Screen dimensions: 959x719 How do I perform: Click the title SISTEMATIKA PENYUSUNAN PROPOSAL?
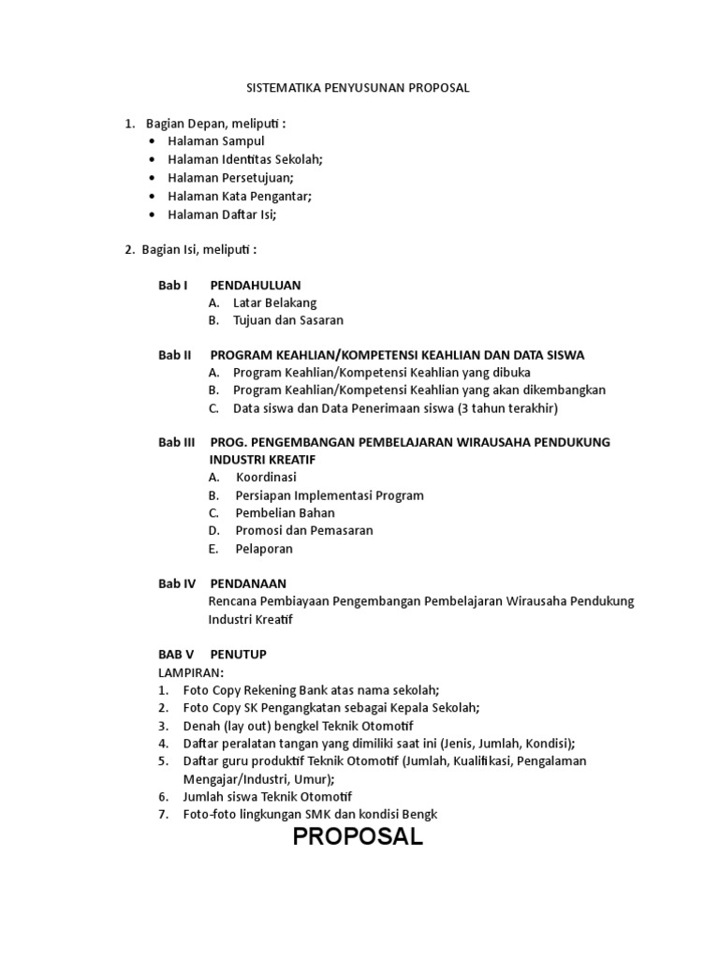pyautogui.click(x=357, y=88)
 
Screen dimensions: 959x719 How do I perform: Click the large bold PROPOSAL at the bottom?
pyautogui.click(x=358, y=837)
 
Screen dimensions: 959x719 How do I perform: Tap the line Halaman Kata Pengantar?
pyautogui.click(x=240, y=196)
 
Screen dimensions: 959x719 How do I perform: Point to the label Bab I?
pyautogui.click(x=173, y=285)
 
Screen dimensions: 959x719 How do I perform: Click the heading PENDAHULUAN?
pyautogui.click(x=256, y=285)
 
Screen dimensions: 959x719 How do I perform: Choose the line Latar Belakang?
pyautogui.click(x=274, y=302)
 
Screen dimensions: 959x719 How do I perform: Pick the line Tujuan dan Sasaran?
pyautogui.click(x=288, y=320)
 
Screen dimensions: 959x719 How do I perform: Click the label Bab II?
pyautogui.click(x=175, y=355)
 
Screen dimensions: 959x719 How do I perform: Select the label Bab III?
pyautogui.click(x=177, y=442)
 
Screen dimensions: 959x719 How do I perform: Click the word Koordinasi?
pyautogui.click(x=266, y=478)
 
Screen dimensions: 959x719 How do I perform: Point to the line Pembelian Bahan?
pyautogui.click(x=285, y=513)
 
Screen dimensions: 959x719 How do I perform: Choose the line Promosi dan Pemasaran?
pyautogui.click(x=304, y=531)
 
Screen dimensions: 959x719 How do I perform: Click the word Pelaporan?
pyautogui.click(x=264, y=549)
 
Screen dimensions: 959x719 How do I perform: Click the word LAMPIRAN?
pyautogui.click(x=191, y=672)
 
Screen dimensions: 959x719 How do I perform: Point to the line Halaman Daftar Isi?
pyautogui.click(x=223, y=214)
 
